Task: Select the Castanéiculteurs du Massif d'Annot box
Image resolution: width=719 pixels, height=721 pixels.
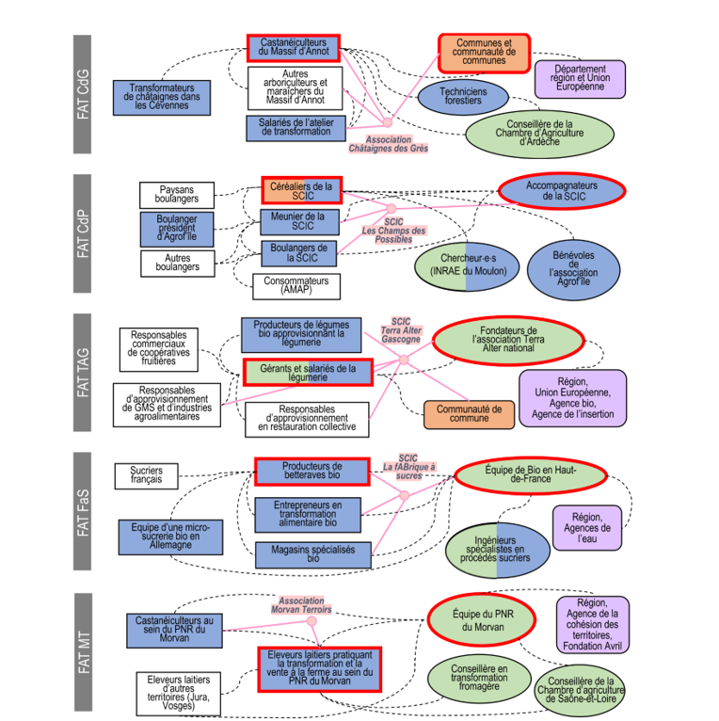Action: click(293, 48)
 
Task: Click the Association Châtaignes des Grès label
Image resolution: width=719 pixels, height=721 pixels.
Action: click(388, 143)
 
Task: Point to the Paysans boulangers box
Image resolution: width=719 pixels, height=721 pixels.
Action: click(177, 195)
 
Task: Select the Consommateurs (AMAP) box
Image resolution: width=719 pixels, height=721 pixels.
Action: click(296, 285)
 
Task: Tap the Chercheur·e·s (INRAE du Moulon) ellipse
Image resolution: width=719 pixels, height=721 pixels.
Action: click(468, 264)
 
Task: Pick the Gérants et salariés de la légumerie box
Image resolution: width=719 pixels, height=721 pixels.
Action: click(308, 374)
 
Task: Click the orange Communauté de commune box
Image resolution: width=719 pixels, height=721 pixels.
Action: click(470, 413)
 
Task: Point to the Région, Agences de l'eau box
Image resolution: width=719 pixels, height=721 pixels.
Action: click(588, 529)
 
